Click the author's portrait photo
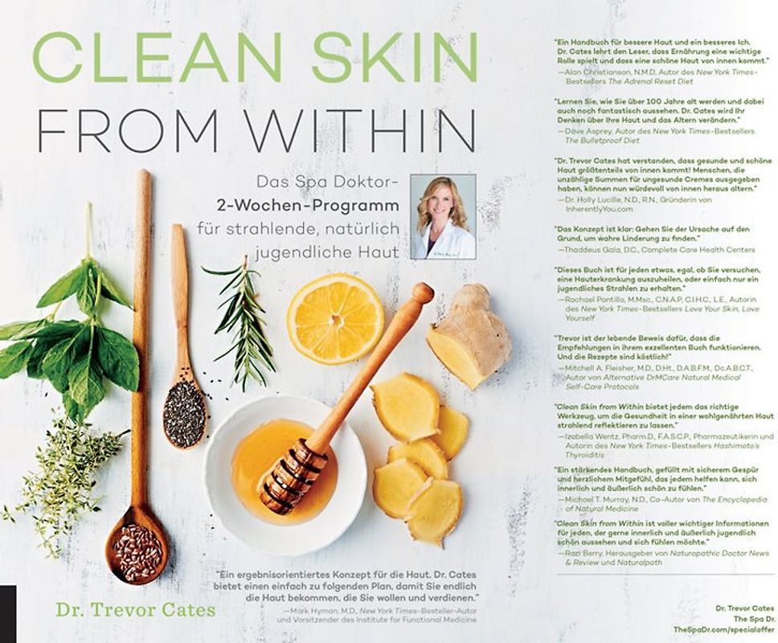[443, 216]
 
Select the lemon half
[334, 319]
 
